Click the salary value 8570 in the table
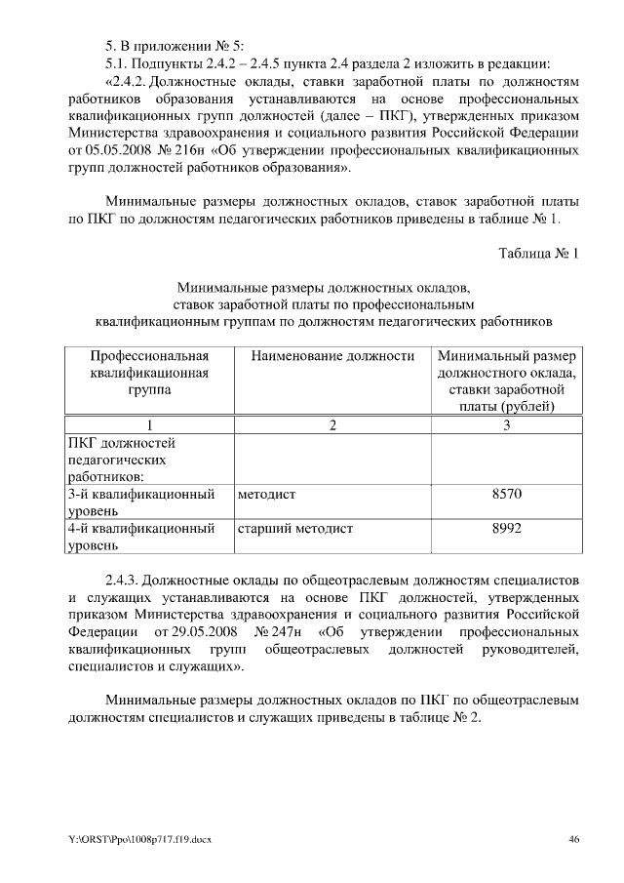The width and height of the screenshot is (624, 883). point(507,495)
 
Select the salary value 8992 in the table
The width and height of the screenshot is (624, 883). point(507,529)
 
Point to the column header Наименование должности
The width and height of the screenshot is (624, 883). point(332,356)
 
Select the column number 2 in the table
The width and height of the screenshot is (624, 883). point(332,424)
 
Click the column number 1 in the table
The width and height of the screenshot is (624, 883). point(149,424)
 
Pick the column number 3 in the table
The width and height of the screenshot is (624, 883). point(506,424)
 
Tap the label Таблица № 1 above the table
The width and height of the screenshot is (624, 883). point(539,255)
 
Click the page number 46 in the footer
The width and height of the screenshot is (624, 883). point(574,840)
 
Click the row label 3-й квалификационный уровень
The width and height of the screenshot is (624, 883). point(141,502)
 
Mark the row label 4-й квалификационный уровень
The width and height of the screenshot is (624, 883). point(141,537)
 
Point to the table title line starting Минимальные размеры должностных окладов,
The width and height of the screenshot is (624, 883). point(324,288)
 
